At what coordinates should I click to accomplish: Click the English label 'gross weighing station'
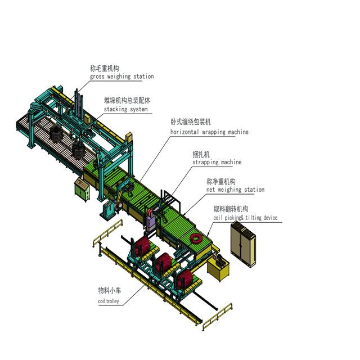pyautogui.click(x=122, y=76)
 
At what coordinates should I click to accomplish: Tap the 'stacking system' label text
pyautogui.click(x=126, y=109)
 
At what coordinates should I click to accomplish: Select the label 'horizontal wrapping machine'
pyautogui.click(x=209, y=132)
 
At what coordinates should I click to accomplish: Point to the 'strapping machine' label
pyautogui.click(x=217, y=163)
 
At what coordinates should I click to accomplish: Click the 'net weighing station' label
pyautogui.click(x=235, y=190)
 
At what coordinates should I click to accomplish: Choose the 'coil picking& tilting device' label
pyautogui.click(x=245, y=218)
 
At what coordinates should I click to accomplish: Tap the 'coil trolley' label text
pyautogui.click(x=109, y=301)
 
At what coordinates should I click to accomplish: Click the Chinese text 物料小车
pyautogui.click(x=110, y=290)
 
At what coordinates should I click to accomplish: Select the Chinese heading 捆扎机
pyautogui.click(x=201, y=155)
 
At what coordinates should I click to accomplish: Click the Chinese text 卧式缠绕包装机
pyautogui.click(x=191, y=121)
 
